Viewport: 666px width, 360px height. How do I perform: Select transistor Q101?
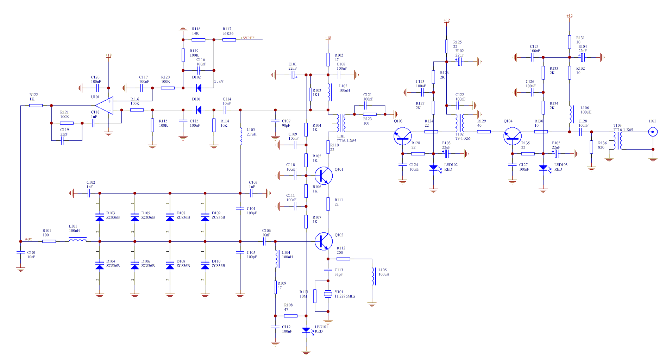tap(323, 175)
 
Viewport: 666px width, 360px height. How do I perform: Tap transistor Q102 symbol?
tap(323, 241)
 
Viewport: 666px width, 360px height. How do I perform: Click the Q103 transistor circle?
tap(402, 136)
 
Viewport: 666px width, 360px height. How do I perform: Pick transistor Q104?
tap(513, 136)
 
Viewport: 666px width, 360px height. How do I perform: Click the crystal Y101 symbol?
tap(328, 294)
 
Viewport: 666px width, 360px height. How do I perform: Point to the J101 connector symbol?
tap(653, 132)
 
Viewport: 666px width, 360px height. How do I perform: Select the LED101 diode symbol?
tap(306, 330)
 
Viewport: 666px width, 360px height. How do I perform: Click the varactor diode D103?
tap(100, 217)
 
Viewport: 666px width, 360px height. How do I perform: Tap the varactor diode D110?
tap(205, 265)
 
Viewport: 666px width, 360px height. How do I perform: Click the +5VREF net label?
tap(247, 38)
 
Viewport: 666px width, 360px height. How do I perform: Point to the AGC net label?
tap(29, 239)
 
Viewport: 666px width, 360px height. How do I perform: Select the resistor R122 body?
tap(36, 105)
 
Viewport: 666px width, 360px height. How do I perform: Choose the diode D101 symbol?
tap(199, 110)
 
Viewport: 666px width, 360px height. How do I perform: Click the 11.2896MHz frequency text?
tap(345, 296)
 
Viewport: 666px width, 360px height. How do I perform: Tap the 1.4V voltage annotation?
tap(219, 82)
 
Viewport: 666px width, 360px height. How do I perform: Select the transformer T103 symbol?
tap(618, 141)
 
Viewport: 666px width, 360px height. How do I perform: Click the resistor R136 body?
tap(591, 147)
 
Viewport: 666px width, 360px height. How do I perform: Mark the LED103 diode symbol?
tap(543, 168)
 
